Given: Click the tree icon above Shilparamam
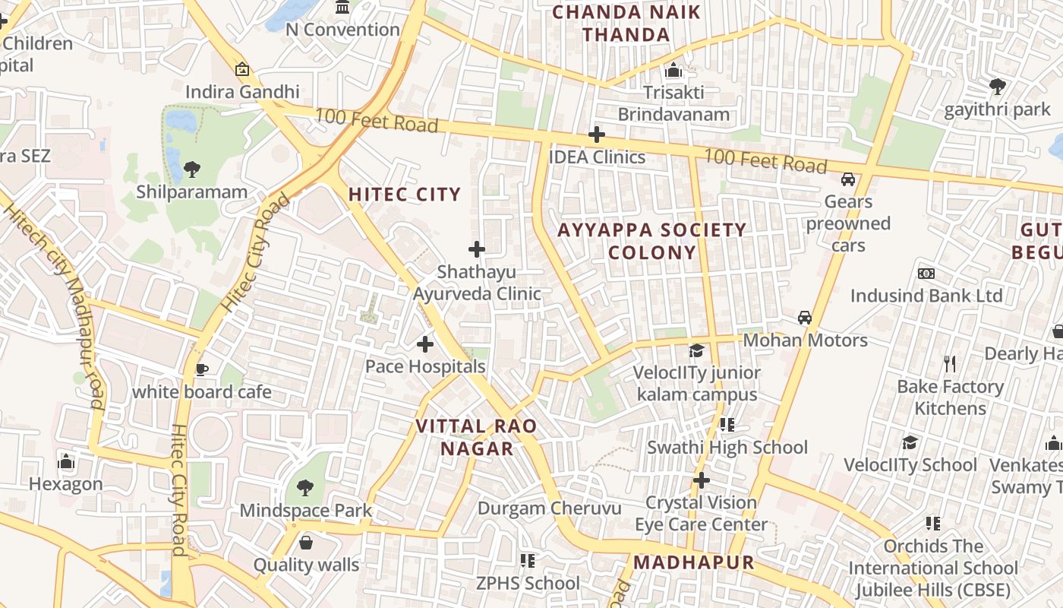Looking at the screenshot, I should (192, 169).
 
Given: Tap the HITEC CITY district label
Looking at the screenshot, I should (404, 195).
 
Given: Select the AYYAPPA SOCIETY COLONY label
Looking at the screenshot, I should (652, 241).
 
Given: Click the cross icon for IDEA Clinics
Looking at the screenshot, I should (597, 135).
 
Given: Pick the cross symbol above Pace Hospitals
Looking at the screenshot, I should (425, 345).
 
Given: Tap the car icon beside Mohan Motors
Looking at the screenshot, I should (804, 318).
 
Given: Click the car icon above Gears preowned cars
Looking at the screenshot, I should (848, 179).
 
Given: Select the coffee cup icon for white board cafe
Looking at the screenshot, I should (201, 370).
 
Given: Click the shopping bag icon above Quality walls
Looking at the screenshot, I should (306, 543).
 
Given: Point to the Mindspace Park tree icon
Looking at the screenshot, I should (305, 487).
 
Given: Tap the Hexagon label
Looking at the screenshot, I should (66, 484).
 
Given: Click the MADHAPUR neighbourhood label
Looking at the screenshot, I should (694, 562).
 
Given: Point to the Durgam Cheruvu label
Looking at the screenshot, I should (549, 508).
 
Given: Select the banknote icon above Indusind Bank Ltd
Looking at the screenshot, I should (926, 274).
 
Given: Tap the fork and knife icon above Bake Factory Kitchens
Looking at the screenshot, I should (949, 364).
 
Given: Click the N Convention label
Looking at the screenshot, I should (342, 30).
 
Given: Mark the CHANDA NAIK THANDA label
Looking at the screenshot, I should (626, 23).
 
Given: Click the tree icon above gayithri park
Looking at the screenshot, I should (997, 87).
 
